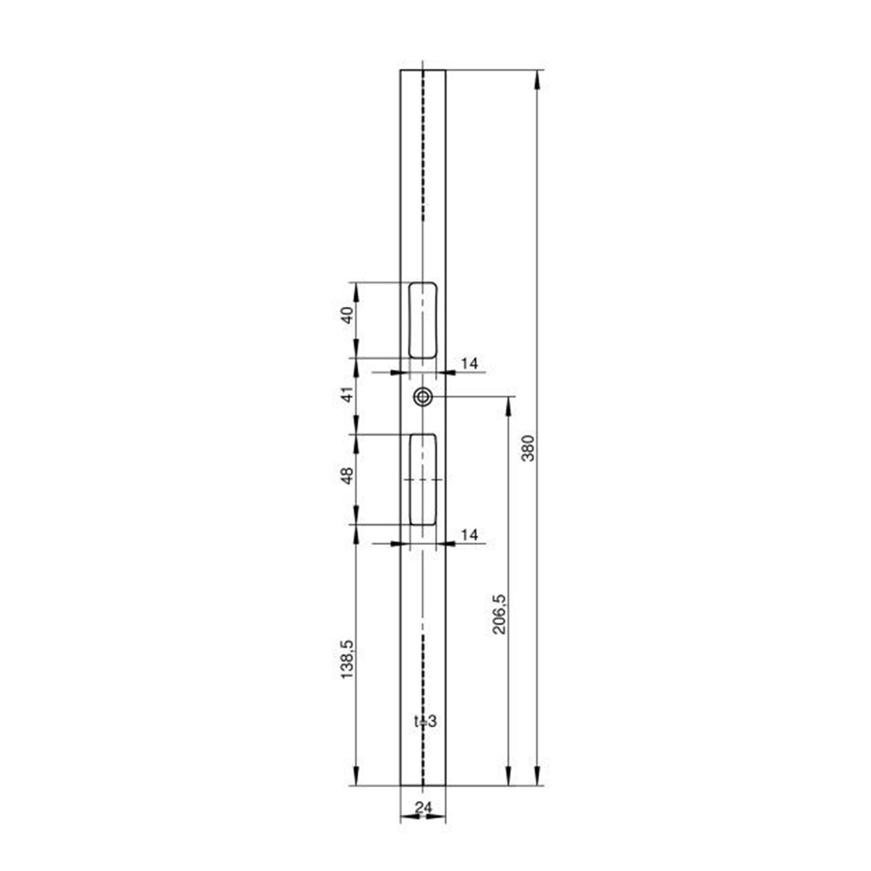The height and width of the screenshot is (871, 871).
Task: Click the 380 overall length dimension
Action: coord(529,448)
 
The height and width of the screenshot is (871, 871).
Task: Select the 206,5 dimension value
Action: coord(499,614)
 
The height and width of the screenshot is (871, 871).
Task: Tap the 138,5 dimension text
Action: coord(347,659)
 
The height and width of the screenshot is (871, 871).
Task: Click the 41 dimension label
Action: coord(347,395)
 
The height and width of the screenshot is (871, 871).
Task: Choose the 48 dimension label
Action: coord(347,476)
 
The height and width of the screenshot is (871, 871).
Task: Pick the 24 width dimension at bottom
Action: coord(423,807)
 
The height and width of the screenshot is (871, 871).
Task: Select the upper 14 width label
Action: coord(469,363)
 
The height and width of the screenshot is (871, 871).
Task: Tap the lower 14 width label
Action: coord(469,535)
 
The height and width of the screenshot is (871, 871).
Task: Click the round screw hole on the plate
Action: coord(423,397)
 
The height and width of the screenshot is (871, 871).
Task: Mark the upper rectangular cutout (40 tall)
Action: coord(423,320)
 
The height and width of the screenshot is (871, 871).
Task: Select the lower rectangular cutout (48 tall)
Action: coord(423,479)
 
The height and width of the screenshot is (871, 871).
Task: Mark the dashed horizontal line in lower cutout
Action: coord(423,480)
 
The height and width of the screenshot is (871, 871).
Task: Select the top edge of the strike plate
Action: coord(423,70)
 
